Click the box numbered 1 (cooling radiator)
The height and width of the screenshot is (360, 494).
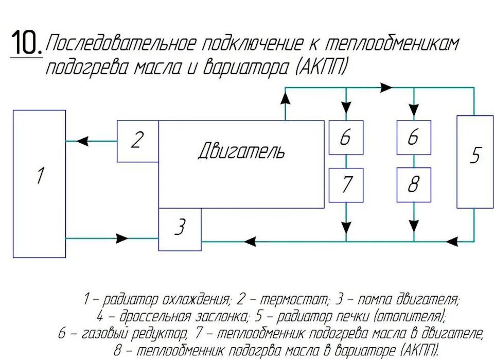pos(39,183)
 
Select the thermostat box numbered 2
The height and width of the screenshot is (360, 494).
pos(137,141)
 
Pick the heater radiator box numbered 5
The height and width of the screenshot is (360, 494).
pos(474,161)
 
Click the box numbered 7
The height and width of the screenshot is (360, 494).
pos(346,185)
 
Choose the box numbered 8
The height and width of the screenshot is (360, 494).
pos(414,185)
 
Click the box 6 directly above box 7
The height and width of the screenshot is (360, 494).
pos(346,138)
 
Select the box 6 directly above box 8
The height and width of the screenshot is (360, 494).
pos(414,138)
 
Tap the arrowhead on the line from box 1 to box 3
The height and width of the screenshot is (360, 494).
pos(122,238)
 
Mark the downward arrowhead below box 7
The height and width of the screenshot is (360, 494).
pos(346,228)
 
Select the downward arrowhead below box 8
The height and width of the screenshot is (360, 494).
pos(414,228)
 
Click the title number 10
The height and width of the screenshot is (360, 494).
pos(25,43)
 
